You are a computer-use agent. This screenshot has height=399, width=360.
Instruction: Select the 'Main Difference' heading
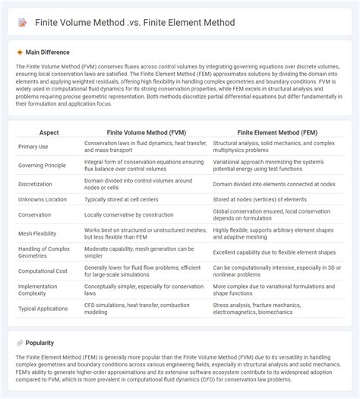point(47,52)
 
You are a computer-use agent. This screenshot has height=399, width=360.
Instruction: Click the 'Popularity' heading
point(39,343)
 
